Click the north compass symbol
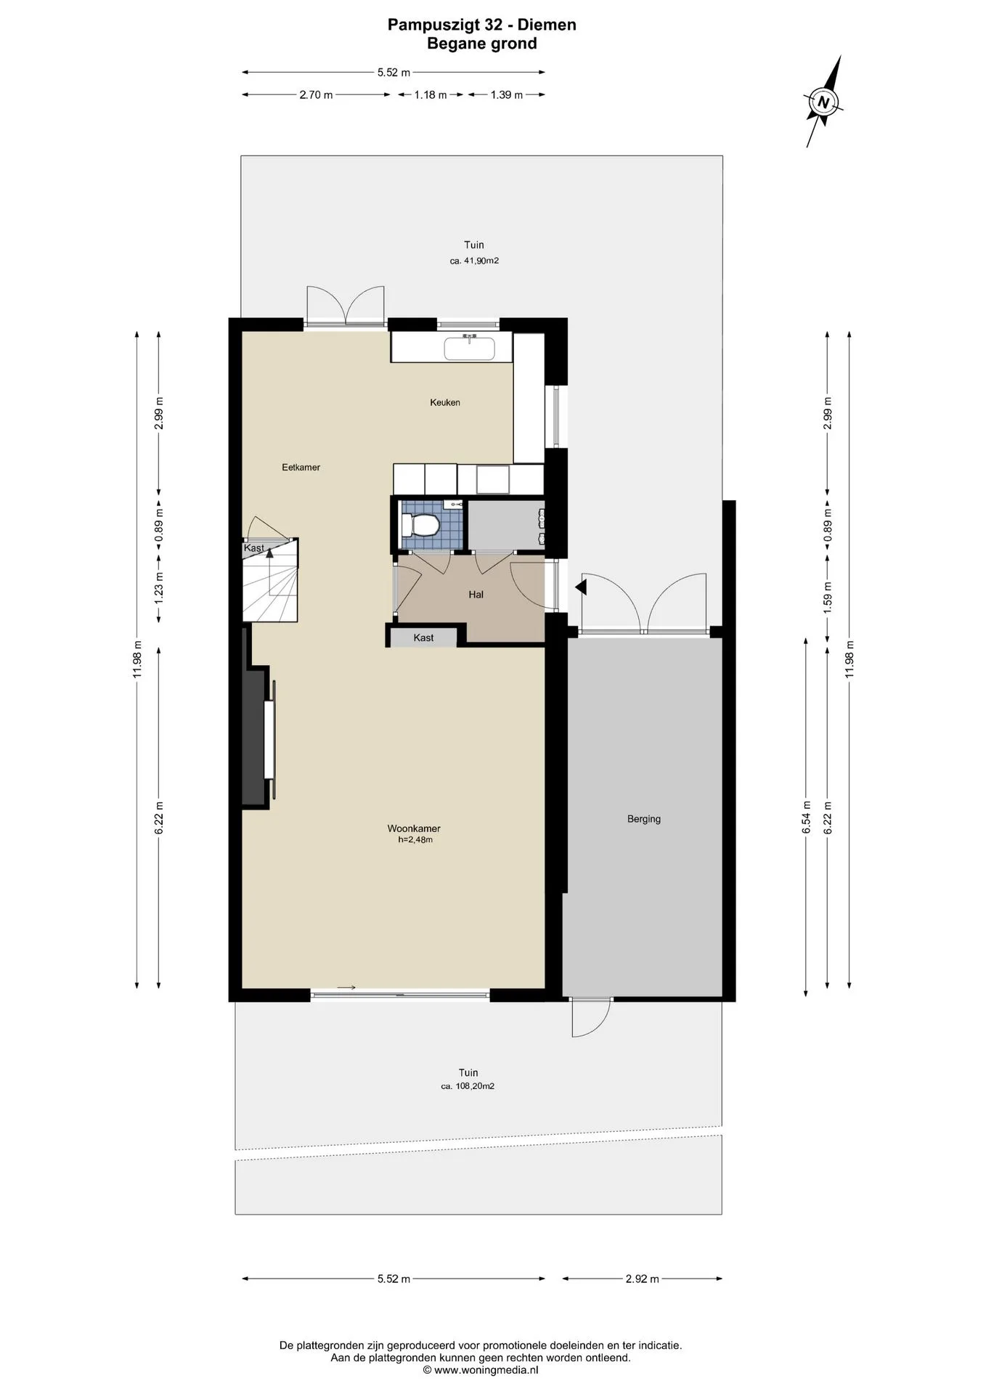click(x=823, y=102)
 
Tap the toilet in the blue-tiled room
click(x=421, y=524)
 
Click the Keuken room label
click(x=445, y=402)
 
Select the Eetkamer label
click(x=301, y=468)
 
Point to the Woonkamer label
click(x=414, y=828)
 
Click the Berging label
click(x=644, y=819)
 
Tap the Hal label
click(x=476, y=595)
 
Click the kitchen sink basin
click(x=469, y=348)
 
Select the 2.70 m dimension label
click(x=316, y=94)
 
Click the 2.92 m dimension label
click(x=643, y=1279)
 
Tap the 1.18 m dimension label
click(x=431, y=94)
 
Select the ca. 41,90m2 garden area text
click(x=474, y=261)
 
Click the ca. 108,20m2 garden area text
click(x=468, y=1086)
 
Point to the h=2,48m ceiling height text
click(x=415, y=840)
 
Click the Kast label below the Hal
click(x=423, y=637)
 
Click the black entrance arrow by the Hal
click(x=581, y=587)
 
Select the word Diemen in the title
click(x=546, y=25)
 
